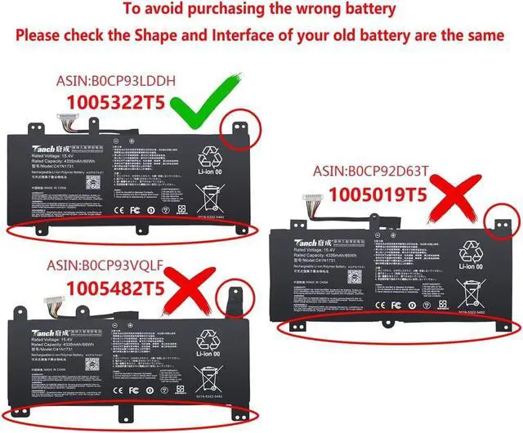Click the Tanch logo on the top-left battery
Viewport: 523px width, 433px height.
[x=44, y=141]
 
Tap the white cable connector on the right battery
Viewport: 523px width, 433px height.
[x=311, y=200]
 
